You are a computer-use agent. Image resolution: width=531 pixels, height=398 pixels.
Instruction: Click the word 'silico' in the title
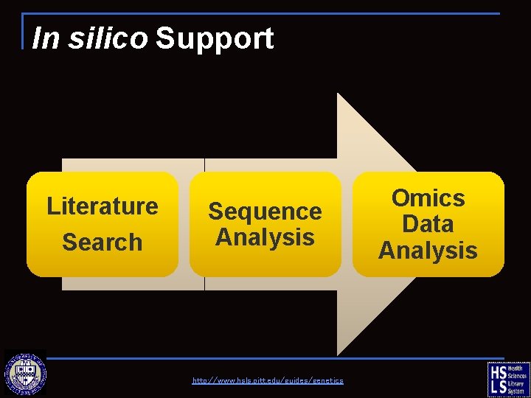coord(108,38)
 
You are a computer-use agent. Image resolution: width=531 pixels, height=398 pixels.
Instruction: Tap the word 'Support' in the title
coord(215,38)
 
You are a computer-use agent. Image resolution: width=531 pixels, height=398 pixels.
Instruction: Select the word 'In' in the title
coord(46,38)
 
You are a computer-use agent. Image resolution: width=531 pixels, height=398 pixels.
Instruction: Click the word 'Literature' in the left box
coord(102,206)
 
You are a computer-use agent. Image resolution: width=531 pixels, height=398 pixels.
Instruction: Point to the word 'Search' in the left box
coord(102,242)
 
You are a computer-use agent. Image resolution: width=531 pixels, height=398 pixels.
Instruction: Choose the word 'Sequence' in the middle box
coord(265,212)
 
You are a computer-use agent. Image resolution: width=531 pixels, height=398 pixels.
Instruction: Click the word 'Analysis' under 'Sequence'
coord(265,237)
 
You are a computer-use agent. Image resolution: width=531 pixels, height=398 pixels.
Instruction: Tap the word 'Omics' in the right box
coord(428,198)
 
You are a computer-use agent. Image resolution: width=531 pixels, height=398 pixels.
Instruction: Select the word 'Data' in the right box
coord(428,223)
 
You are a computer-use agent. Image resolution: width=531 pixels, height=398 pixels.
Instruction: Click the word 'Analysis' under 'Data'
coord(428,250)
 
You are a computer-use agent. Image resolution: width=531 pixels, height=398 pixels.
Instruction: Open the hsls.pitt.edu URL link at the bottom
coord(268,380)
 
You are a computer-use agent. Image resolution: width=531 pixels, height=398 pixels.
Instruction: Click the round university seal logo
coord(25,374)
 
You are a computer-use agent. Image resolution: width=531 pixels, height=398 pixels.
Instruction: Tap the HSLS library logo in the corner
coord(508,379)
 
